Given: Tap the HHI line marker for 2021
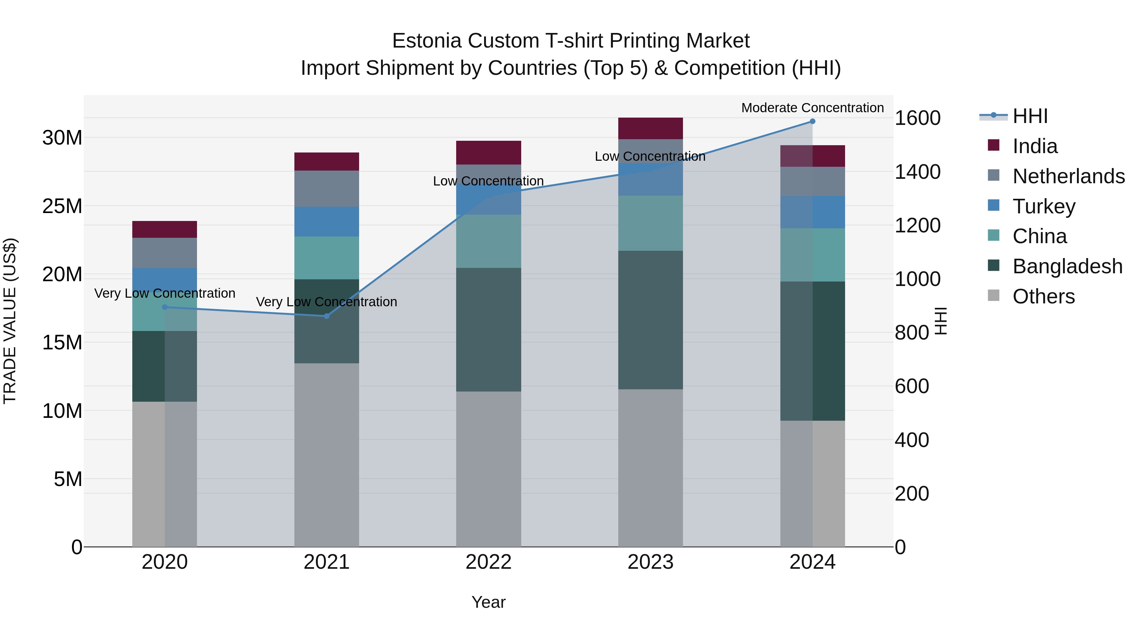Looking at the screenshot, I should (327, 316).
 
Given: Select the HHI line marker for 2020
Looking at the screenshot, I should (164, 307).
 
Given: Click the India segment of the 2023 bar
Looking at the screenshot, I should (650, 128).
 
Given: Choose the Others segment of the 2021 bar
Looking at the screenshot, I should (327, 455).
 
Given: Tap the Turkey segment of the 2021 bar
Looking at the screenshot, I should (327, 222).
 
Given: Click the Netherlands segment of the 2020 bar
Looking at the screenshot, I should (164, 253).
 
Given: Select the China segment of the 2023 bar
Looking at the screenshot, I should (650, 223).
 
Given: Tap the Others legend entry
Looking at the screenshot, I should (1043, 296).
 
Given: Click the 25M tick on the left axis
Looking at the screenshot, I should (62, 206).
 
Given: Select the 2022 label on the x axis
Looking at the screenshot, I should (489, 562).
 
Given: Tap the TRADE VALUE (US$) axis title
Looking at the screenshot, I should (10, 321).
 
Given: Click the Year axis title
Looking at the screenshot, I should (489, 602).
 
